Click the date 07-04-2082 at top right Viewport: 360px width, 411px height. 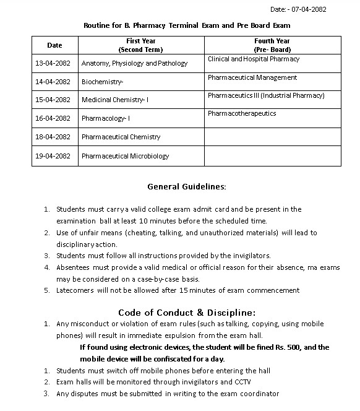(x=307, y=9)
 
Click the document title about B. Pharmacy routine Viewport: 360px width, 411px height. (x=187, y=25)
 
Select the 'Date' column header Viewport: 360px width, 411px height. (x=54, y=45)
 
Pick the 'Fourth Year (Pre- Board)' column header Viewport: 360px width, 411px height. (x=272, y=45)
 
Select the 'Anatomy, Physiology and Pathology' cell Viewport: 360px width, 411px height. (x=134, y=63)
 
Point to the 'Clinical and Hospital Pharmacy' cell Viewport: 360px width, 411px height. (x=254, y=59)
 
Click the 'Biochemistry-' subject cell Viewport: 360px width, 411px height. (x=103, y=82)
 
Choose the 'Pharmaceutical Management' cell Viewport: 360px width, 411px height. (x=252, y=78)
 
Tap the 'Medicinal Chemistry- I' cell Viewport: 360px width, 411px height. (x=115, y=100)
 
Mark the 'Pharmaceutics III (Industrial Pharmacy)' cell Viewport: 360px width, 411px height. (x=266, y=96)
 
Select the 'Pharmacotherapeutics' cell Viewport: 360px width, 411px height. (x=242, y=114)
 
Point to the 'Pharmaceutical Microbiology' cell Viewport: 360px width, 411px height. (x=125, y=156)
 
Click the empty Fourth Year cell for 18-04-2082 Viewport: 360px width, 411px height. (x=272, y=137)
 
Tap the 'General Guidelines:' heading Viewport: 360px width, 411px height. (x=187, y=186)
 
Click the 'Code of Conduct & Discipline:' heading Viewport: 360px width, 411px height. (x=187, y=311)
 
